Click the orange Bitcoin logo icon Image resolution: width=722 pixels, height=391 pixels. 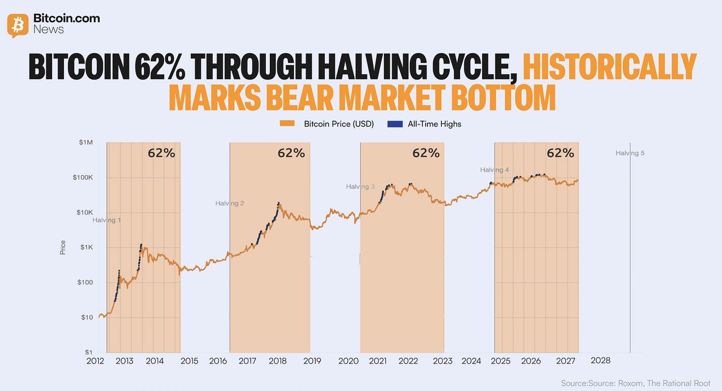pos(18,25)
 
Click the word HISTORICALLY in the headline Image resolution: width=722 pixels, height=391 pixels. pos(609,67)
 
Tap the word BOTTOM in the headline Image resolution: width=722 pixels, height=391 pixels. pos(503,97)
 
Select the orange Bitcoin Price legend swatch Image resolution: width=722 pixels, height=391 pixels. pos(287,124)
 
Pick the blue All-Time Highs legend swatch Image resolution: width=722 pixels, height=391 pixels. pos(395,124)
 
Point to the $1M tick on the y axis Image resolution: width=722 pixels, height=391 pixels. pos(86,142)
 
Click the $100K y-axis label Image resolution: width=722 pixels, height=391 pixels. pos(83,177)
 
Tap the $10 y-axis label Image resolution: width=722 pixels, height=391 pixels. pos(87,317)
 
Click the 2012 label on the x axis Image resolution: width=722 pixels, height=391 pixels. pos(95,361)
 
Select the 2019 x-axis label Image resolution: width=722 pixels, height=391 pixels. pos(312,361)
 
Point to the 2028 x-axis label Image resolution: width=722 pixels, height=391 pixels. pos(601,360)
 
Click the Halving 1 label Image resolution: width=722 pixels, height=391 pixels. pos(107,220)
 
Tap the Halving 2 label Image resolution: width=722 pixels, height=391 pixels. pos(230,203)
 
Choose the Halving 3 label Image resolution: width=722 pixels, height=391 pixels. pos(361,187)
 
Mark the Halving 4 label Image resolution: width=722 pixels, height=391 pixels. pos(494,170)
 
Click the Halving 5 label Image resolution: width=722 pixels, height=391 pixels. pos(630,153)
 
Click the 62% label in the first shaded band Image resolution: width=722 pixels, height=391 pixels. pos(162,153)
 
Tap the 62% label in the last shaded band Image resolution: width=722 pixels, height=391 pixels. pos(560,153)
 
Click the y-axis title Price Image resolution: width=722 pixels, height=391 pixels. pos(63,248)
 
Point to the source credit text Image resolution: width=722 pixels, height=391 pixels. pos(636,383)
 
